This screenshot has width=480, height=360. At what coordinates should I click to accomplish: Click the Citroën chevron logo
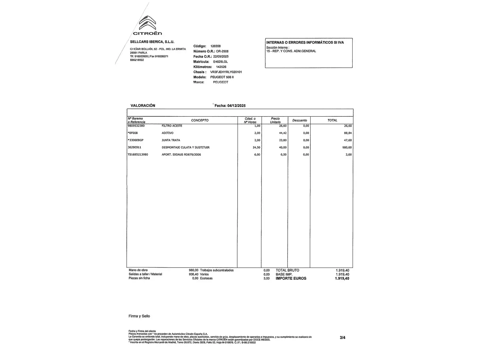coord(147,23)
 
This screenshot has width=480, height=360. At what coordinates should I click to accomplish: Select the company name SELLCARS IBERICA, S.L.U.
coord(152,42)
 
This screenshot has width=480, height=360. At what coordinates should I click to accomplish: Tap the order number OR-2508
coord(222,51)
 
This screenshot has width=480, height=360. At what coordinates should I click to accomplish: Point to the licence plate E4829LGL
coord(221,62)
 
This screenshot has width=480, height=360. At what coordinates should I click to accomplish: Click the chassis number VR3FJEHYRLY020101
coord(226,72)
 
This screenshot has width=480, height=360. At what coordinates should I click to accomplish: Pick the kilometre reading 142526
coord(221,67)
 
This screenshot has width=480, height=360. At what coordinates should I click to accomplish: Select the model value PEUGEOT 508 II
coord(222,77)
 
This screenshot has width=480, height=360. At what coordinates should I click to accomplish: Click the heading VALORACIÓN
coord(143,106)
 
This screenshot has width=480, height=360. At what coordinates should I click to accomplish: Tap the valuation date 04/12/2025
coord(236,106)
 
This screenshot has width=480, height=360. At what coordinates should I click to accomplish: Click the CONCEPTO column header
coord(200,120)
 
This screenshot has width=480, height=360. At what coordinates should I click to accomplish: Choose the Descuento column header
coord(299,120)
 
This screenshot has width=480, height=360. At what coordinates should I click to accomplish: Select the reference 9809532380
coord(136,126)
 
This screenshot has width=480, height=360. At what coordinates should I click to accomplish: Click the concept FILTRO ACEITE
coord(172,126)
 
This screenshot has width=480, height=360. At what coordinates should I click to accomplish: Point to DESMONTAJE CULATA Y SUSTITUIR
coord(186,147)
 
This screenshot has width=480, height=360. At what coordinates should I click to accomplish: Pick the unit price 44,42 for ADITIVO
coord(283,133)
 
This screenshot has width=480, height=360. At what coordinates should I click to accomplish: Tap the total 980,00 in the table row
coord(347,147)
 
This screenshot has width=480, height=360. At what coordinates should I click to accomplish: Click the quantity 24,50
coord(256,147)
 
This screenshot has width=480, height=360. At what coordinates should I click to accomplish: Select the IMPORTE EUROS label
coord(291,278)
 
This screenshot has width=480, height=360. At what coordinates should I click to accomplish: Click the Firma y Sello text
coord(139,316)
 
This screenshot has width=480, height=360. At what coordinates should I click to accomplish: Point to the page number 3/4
coord(342,338)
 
